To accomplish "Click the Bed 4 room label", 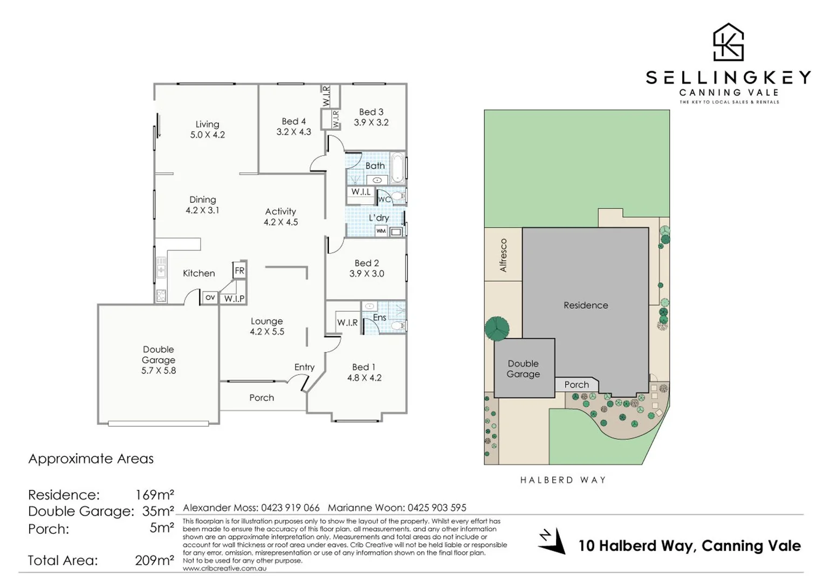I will pyautogui.click(x=293, y=121).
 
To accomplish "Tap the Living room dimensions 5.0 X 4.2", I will pyautogui.click(x=207, y=135).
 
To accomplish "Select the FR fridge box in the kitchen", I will pyautogui.click(x=239, y=271).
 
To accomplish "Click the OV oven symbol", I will pyautogui.click(x=210, y=297).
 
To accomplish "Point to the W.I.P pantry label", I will pyautogui.click(x=234, y=299).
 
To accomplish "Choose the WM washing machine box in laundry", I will pyautogui.click(x=381, y=231).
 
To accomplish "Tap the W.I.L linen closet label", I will pyautogui.click(x=361, y=192).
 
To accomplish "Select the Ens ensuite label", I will pyautogui.click(x=379, y=317).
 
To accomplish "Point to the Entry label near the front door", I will pyautogui.click(x=304, y=367).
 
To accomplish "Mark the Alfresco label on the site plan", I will pyautogui.click(x=503, y=255).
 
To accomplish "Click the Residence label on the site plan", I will pyautogui.click(x=585, y=305).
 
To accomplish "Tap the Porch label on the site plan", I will pyautogui.click(x=576, y=385).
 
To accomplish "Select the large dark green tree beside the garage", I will pyautogui.click(x=497, y=328).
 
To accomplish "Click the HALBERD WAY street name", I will pyautogui.click(x=563, y=480).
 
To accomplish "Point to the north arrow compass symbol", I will pyautogui.click(x=552, y=541).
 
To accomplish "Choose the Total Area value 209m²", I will pyautogui.click(x=154, y=560).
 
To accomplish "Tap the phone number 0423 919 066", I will pyautogui.click(x=290, y=508).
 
